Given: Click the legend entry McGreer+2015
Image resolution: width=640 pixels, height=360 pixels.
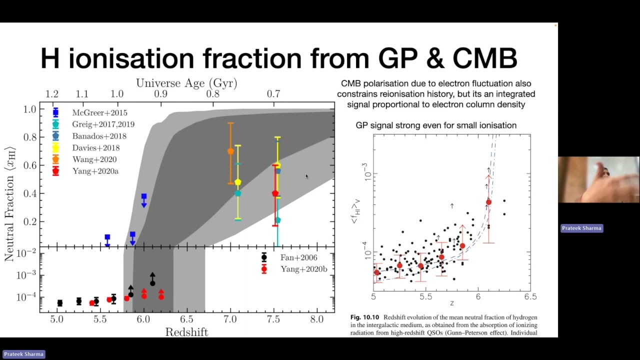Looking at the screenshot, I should point(99,113).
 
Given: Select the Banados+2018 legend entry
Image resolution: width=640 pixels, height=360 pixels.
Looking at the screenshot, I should point(99,136).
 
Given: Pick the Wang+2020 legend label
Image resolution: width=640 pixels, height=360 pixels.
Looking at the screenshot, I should point(94,159).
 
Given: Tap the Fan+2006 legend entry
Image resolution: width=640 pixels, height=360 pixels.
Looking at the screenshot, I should point(298,257).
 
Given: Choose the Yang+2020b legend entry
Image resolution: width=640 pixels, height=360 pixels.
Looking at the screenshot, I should point(303,269).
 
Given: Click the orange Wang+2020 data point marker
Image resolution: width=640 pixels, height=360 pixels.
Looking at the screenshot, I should point(230,151).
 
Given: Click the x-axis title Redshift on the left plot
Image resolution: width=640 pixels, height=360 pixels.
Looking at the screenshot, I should point(186,332).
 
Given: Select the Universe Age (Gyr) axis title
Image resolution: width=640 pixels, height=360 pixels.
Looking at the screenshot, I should point(186,83).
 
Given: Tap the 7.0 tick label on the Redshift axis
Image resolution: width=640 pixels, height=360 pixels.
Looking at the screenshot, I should point(230,319).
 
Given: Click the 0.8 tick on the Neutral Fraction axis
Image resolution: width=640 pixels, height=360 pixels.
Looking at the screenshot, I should point(30,137).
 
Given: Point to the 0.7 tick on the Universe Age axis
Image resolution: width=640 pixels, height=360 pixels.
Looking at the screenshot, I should point(273,94).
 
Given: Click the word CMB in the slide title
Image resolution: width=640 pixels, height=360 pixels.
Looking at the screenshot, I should point(484,58).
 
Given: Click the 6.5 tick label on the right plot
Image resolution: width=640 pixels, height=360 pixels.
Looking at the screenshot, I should point(530,296).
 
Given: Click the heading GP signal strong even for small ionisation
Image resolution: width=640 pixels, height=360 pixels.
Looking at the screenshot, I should point(436,125).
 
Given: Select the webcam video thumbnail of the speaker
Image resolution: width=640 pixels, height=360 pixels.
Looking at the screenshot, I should point(598,179).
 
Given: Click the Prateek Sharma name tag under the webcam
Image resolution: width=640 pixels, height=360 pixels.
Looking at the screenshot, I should point(581,228).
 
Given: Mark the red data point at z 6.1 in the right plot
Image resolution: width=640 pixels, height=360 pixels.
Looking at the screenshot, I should point(488,202).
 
